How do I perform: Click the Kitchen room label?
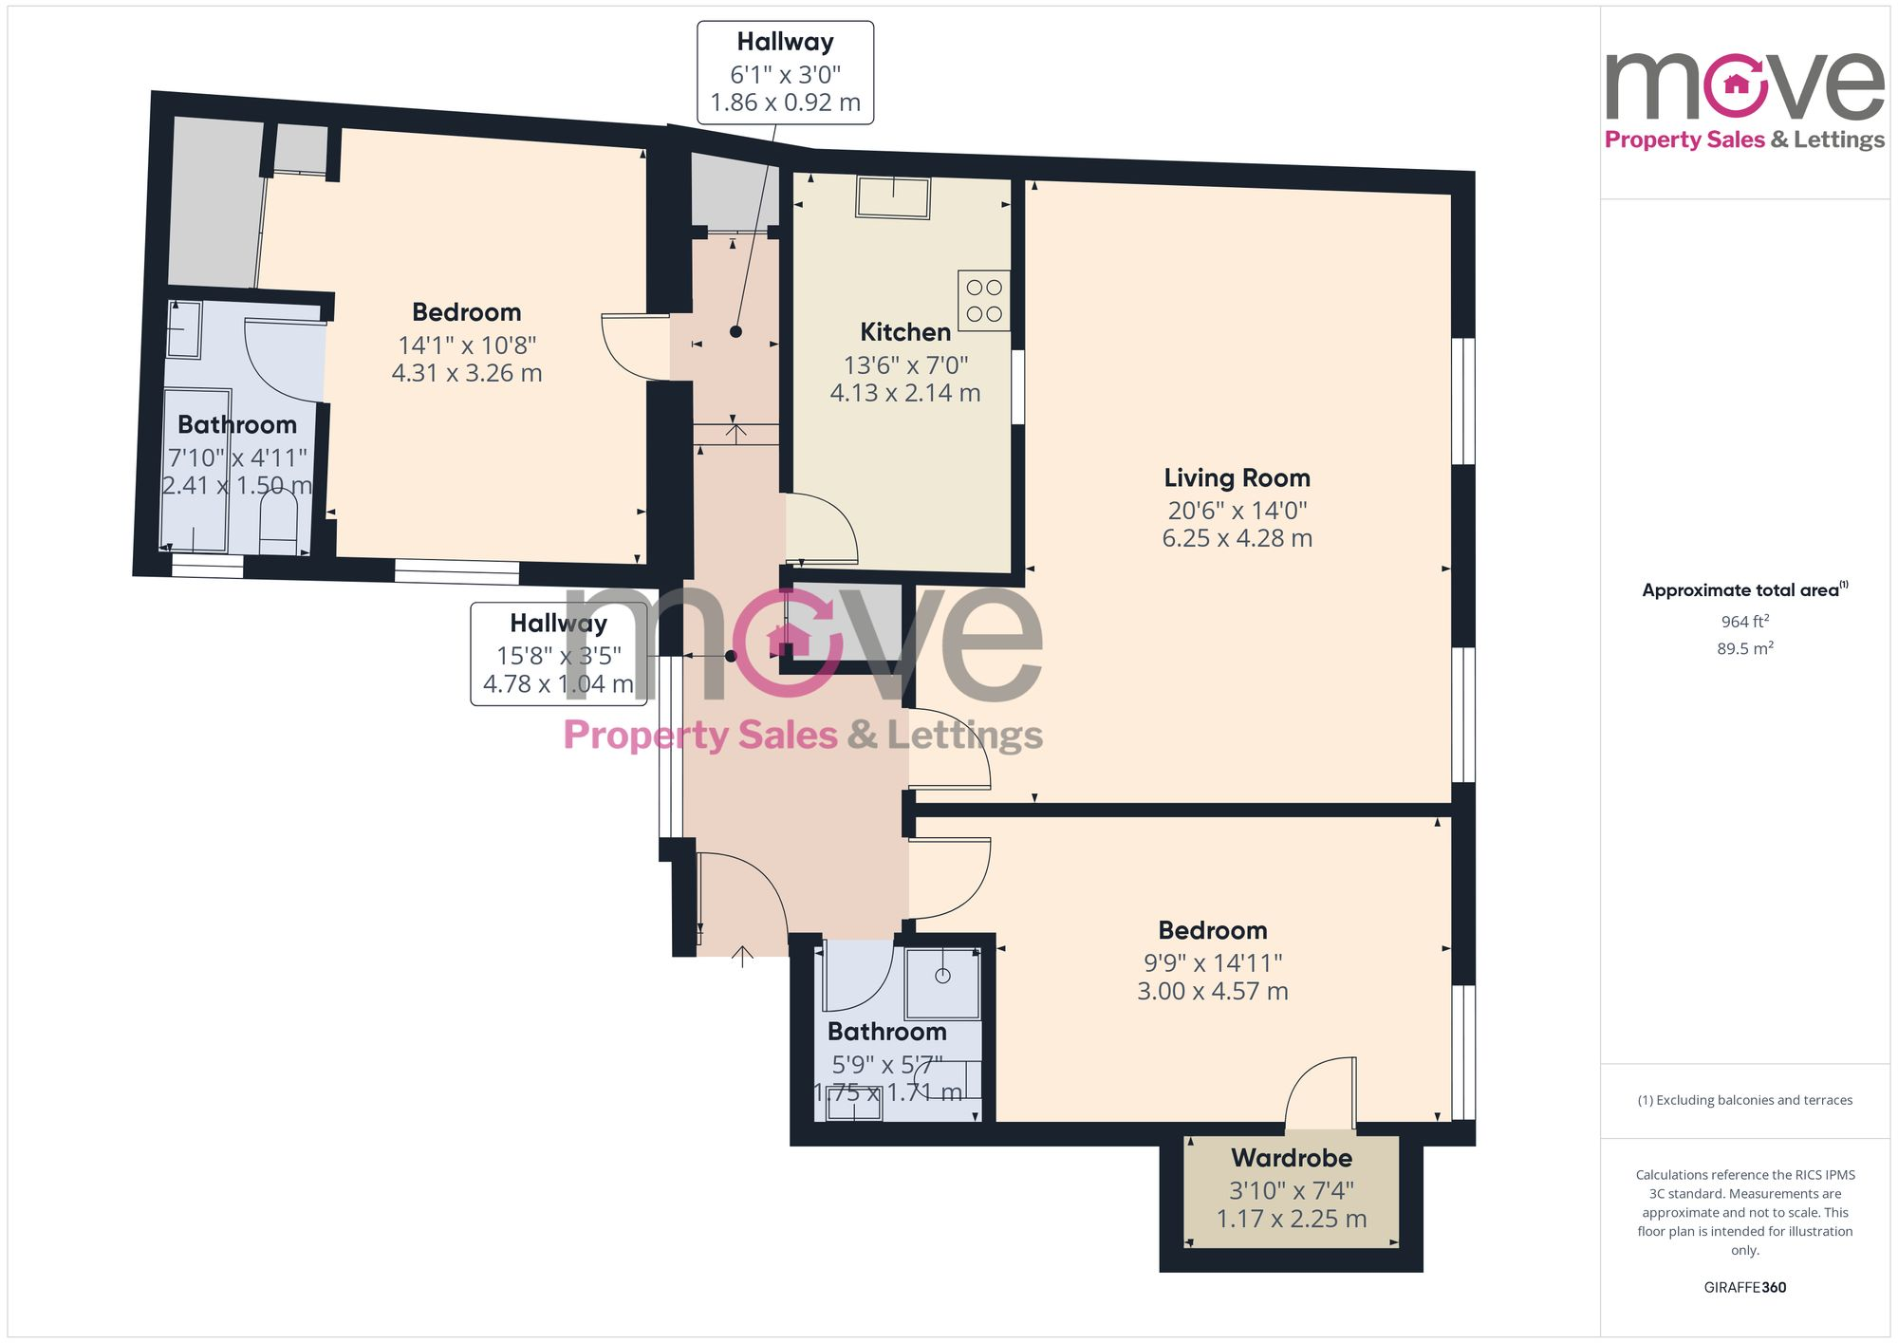tap(904, 332)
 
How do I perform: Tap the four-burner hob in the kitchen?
tap(984, 301)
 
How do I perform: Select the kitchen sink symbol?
tap(893, 197)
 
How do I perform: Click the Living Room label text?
tap(1237, 477)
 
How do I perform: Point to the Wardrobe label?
tap(1291, 1158)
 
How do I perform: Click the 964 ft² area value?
tap(1744, 622)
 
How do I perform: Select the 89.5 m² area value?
tap(1744, 649)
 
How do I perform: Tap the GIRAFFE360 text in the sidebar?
tap(1744, 1288)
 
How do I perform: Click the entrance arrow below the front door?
tap(742, 956)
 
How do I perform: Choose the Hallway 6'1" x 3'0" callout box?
tap(785, 73)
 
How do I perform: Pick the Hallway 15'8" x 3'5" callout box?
tap(558, 654)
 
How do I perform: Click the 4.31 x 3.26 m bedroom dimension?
tap(466, 373)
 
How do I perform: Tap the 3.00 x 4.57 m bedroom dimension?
tap(1212, 991)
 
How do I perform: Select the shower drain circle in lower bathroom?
tap(942, 976)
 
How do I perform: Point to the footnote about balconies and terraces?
tap(1744, 1101)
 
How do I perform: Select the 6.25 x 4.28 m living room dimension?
tap(1237, 538)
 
